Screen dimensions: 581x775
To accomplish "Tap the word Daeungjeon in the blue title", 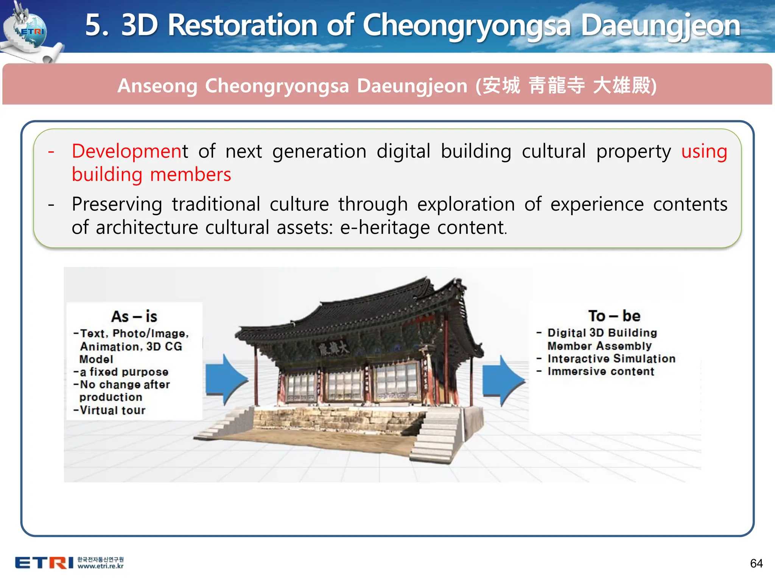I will tap(660, 26).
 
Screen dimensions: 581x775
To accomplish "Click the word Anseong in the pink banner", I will tap(157, 85).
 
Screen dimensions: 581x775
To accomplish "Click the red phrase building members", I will tap(151, 175).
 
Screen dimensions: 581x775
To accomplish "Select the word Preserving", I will tap(117, 204).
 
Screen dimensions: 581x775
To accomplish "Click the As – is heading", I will tap(134, 317).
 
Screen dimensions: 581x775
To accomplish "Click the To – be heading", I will tap(614, 316).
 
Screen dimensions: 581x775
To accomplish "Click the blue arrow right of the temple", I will tap(503, 381).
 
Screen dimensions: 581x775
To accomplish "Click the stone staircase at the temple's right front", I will tap(435, 439).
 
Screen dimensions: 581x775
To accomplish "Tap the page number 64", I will tap(756, 563).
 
